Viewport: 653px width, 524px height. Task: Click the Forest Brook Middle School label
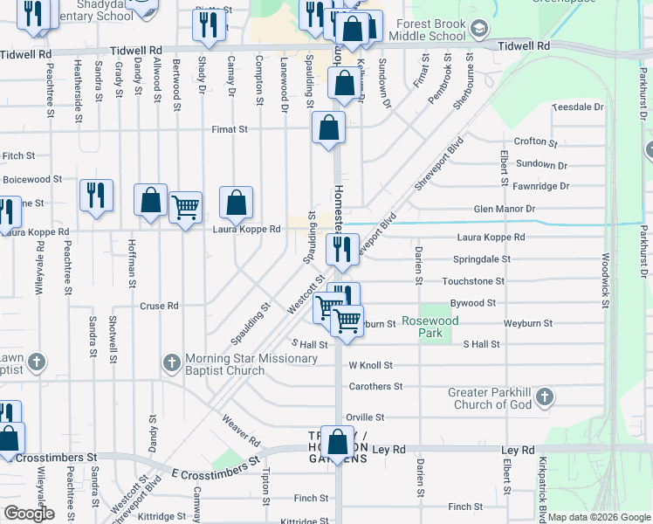coord(427,31)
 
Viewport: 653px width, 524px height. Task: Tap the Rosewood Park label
coord(430,327)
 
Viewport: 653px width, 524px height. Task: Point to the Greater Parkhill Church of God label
coord(491,398)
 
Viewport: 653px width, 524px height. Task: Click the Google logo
coord(28,514)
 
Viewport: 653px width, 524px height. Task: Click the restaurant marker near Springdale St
coord(343,249)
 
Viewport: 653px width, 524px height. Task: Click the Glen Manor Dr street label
coord(504,209)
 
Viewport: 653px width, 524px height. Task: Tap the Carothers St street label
coord(375,386)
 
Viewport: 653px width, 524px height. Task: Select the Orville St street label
coord(365,417)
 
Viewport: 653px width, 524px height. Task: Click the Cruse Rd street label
coord(159,306)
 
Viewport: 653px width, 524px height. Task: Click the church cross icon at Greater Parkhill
coord(544,398)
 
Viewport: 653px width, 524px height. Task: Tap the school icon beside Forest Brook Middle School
coord(478,30)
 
